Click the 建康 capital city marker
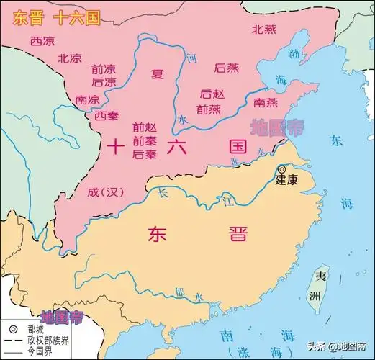pyautogui.click(x=281, y=169)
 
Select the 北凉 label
pyautogui.click(x=69, y=58)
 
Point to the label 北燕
pyautogui.click(x=263, y=30)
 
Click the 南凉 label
pyautogui.click(x=87, y=99)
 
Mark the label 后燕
pyautogui.click(x=227, y=68)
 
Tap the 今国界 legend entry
pyautogui.click(x=44, y=352)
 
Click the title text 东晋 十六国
pyautogui.click(x=53, y=15)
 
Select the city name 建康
pyautogui.click(x=286, y=181)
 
